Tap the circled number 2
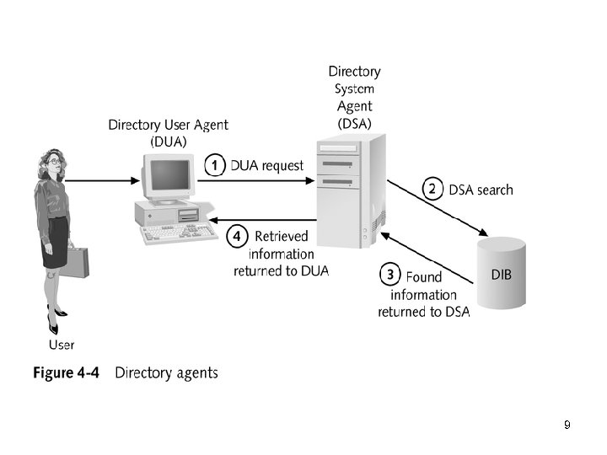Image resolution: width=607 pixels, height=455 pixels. (x=433, y=189)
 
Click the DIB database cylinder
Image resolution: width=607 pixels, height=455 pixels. (x=501, y=273)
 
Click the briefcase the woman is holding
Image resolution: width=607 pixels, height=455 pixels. (x=75, y=262)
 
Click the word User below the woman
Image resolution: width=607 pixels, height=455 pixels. (x=61, y=345)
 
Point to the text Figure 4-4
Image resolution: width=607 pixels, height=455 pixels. (x=66, y=372)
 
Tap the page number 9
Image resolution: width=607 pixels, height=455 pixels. (x=567, y=425)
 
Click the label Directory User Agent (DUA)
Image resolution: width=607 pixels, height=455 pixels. (x=169, y=133)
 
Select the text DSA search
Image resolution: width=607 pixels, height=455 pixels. (x=481, y=190)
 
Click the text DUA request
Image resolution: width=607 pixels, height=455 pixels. (x=266, y=165)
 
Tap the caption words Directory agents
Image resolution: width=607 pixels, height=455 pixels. (x=166, y=372)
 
